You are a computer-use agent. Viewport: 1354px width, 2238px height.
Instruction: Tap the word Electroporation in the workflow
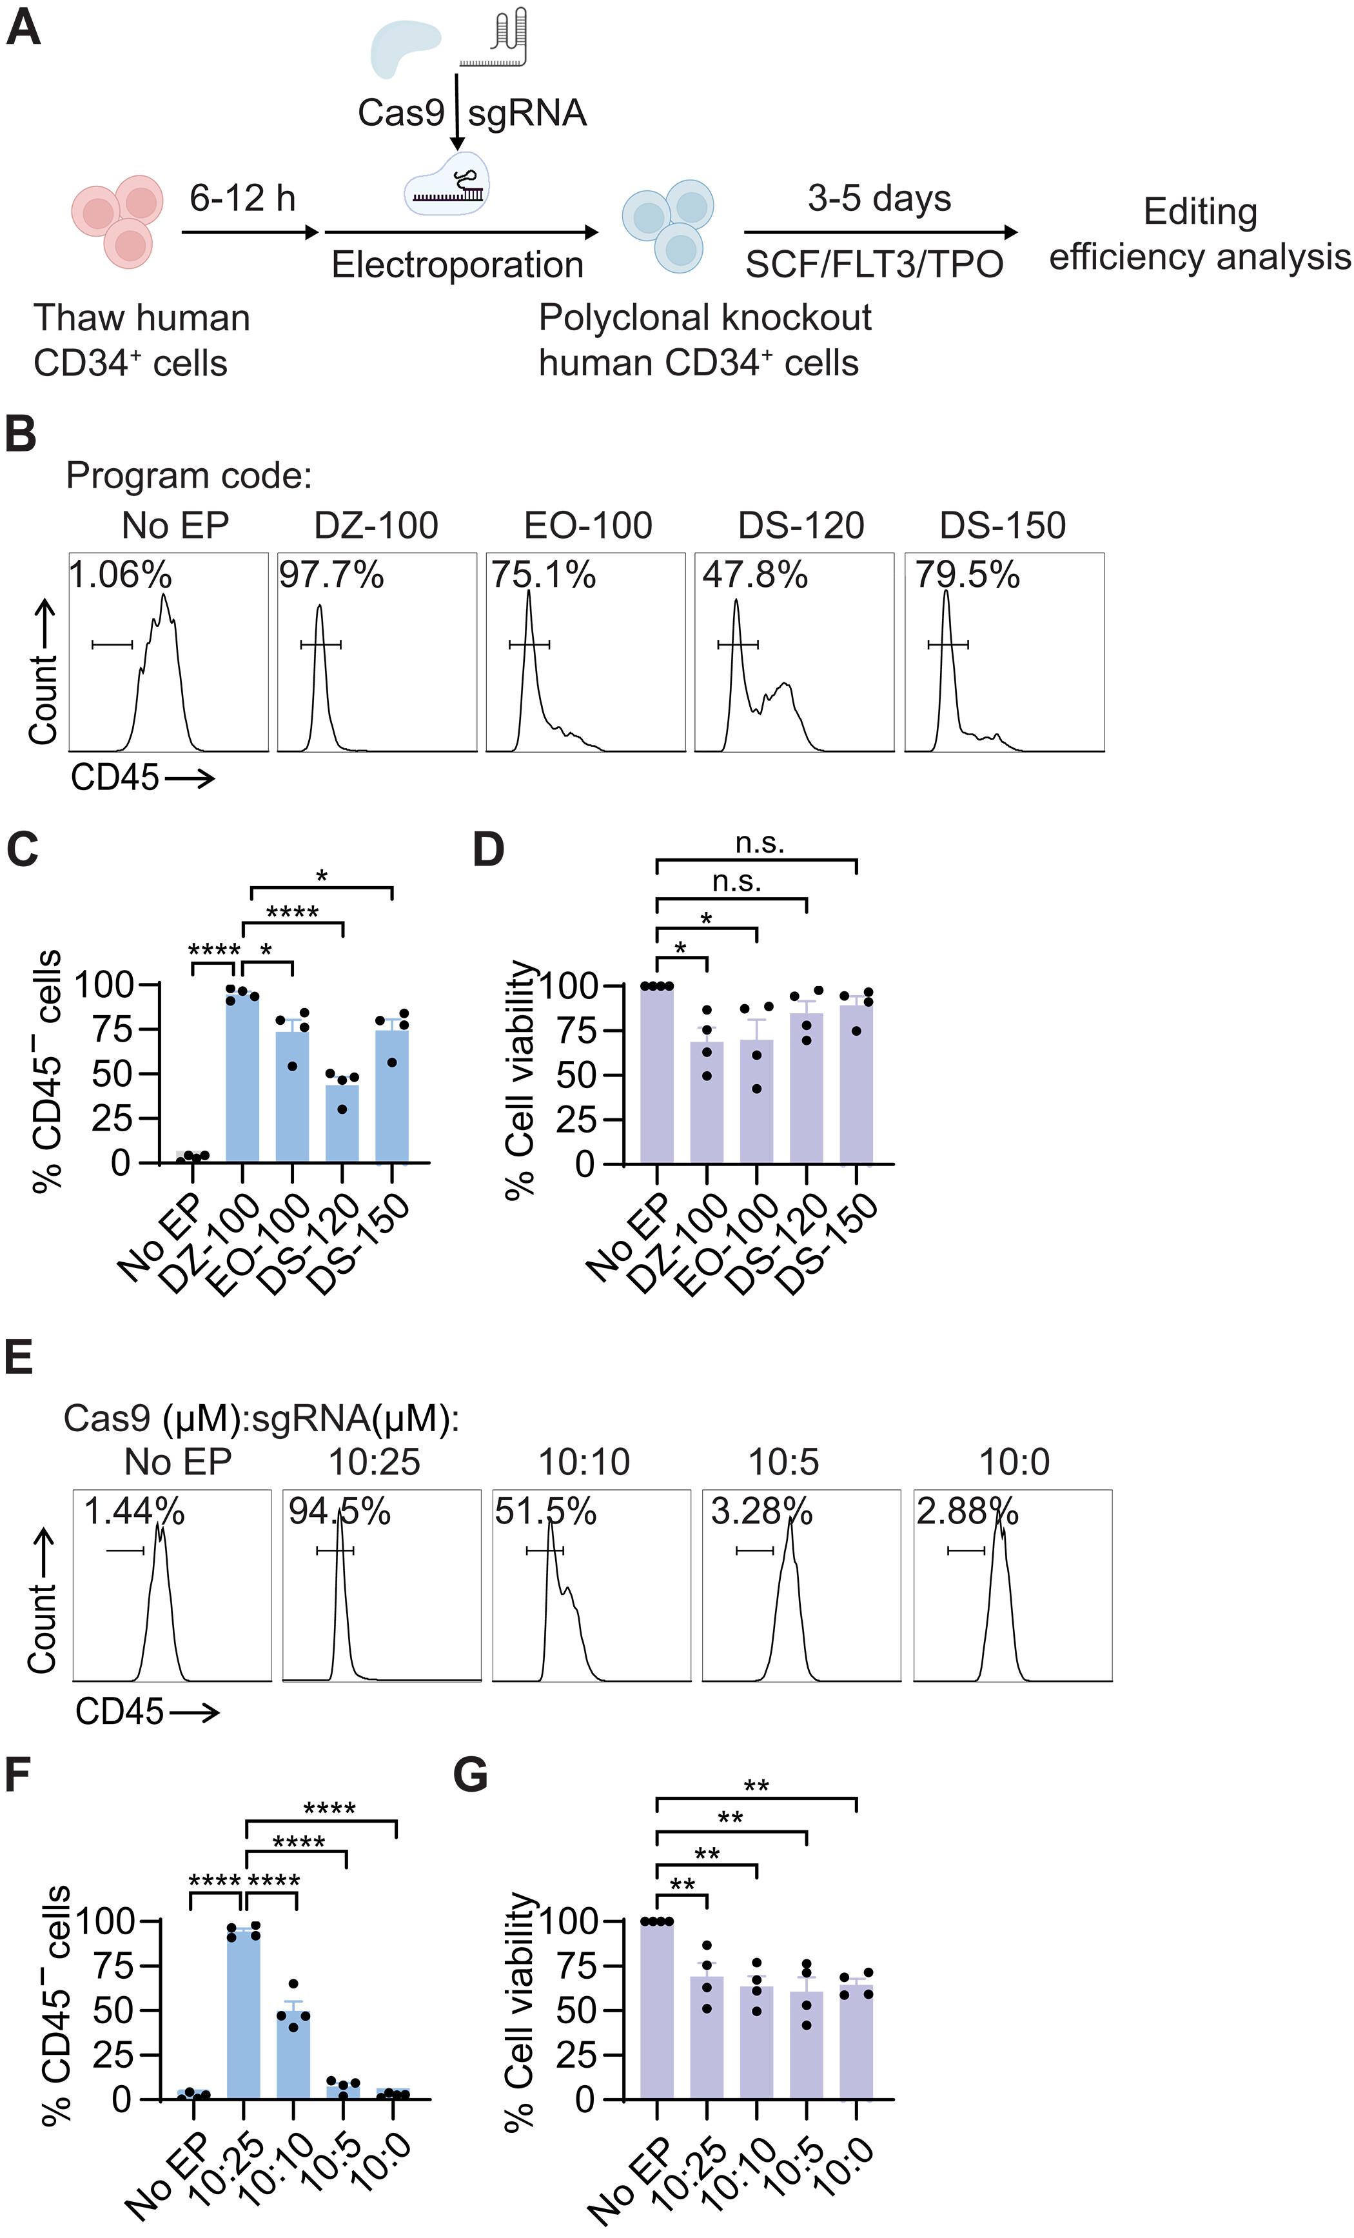[456, 265]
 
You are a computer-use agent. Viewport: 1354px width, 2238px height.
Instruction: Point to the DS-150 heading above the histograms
[1003, 525]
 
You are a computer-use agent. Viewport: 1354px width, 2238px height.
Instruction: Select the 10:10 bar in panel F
[293, 2055]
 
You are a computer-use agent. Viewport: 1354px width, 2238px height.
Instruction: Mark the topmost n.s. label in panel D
[759, 844]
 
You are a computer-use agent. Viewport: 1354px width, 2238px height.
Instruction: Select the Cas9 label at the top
[400, 113]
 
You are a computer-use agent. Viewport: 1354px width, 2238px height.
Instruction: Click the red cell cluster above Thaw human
[118, 217]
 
